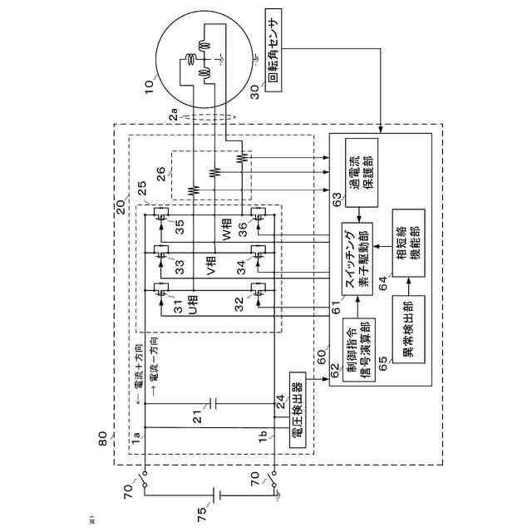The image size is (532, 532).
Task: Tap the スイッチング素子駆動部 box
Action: [x=358, y=261]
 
